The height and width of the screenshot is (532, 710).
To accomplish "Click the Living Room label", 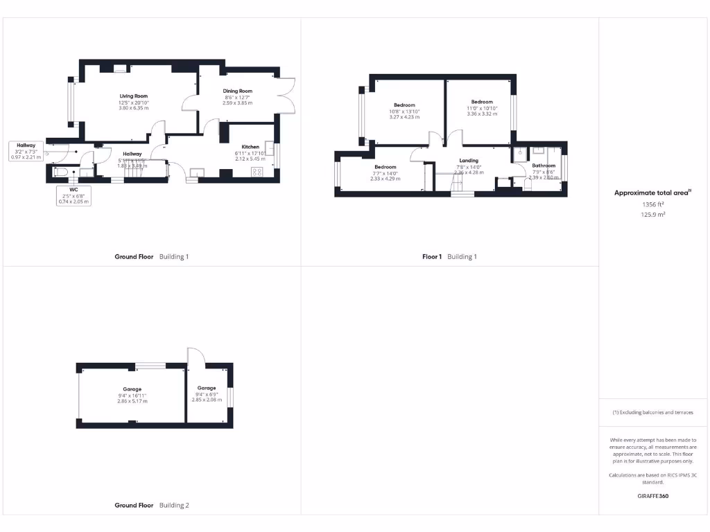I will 133,96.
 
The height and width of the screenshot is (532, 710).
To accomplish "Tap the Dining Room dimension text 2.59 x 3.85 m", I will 238,103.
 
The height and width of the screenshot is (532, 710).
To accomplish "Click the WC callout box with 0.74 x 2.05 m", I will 73,195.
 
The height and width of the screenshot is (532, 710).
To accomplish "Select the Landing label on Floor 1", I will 469,161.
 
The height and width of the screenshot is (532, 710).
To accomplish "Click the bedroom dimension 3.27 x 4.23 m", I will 404,117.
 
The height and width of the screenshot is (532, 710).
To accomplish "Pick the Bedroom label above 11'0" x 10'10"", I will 482,102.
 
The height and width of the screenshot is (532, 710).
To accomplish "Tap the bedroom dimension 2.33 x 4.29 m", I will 386,179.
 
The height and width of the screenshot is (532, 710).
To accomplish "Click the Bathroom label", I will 544,166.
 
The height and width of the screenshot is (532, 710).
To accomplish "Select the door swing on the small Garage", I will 196,355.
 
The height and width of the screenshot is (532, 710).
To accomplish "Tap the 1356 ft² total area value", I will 652,204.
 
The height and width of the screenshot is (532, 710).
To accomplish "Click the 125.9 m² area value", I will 652,215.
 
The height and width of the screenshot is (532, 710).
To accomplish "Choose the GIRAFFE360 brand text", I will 652,496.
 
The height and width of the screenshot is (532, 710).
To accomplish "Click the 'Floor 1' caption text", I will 431,257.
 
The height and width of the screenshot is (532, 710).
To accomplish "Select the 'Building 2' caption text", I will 174,506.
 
